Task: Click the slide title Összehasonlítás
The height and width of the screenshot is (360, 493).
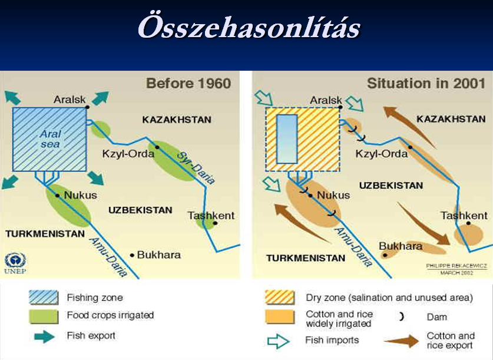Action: pyautogui.click(x=249, y=27)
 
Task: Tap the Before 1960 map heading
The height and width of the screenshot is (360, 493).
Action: pyautogui.click(x=188, y=83)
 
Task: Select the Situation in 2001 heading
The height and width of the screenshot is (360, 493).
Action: pyautogui.click(x=426, y=83)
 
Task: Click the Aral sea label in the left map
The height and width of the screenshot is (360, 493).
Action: pyautogui.click(x=50, y=139)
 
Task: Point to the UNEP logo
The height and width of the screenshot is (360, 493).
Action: pyautogui.click(x=15, y=263)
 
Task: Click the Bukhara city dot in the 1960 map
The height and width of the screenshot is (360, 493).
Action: pyautogui.click(x=132, y=255)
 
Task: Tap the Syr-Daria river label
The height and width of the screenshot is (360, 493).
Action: pyautogui.click(x=196, y=168)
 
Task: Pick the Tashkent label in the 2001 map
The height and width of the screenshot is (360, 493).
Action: pyautogui.click(x=464, y=216)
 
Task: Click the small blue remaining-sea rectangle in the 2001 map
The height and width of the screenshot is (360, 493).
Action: pyautogui.click(x=287, y=139)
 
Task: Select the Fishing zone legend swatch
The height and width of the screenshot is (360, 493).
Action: pyautogui.click(x=44, y=298)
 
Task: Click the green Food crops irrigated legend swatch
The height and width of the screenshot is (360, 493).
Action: pyautogui.click(x=44, y=316)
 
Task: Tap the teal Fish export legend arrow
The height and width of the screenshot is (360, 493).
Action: pyautogui.click(x=44, y=336)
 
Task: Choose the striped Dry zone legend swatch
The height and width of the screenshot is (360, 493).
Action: pyautogui.click(x=280, y=298)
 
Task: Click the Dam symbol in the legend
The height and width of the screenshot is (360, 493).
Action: pyautogui.click(x=401, y=316)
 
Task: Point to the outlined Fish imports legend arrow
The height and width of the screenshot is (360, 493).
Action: pyautogui.click(x=278, y=341)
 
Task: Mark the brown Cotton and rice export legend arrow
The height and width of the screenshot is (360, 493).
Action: pyautogui.click(x=402, y=341)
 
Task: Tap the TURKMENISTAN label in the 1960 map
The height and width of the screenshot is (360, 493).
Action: pyautogui.click(x=45, y=234)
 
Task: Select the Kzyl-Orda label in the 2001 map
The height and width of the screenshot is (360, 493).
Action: pyautogui.click(x=382, y=154)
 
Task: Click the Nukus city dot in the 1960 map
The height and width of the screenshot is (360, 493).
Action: pyautogui.click(x=57, y=196)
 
